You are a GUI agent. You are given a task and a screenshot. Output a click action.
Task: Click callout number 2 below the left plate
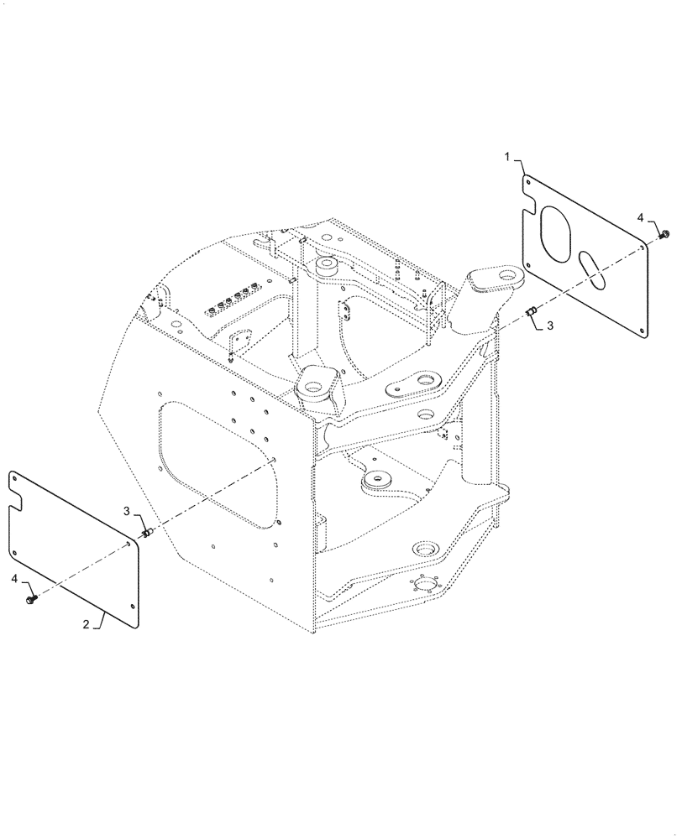click(x=87, y=625)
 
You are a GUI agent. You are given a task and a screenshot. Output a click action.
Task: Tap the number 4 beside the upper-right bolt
click(x=640, y=218)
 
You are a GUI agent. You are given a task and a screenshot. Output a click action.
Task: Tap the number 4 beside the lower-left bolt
click(x=15, y=579)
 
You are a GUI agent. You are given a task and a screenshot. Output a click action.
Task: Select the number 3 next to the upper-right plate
click(x=550, y=326)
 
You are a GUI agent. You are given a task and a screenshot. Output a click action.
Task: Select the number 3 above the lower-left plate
click(x=127, y=510)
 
